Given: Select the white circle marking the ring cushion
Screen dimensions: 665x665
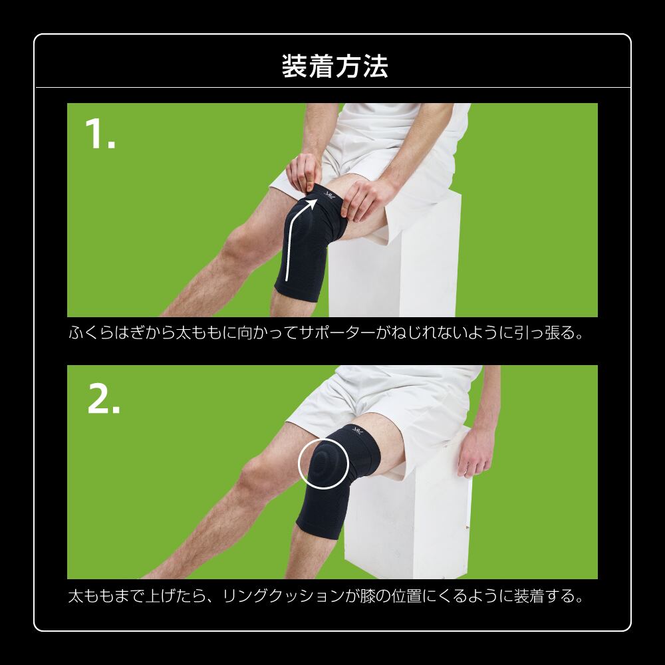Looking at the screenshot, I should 323,464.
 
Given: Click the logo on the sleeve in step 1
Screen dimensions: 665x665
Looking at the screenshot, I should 329,195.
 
